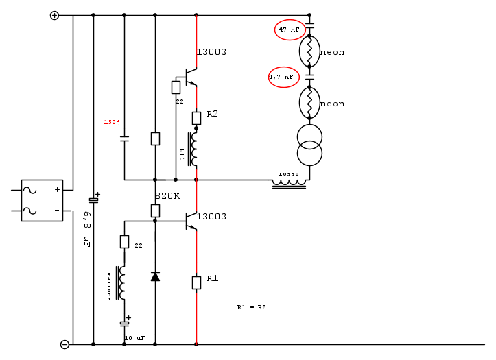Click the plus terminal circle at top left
tap(55, 15)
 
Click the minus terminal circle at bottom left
tap(64, 344)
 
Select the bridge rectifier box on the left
tap(42, 200)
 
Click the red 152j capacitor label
tap(112, 122)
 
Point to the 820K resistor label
tap(167, 195)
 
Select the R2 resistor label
tap(212, 114)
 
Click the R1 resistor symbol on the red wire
tap(196, 282)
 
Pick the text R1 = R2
tap(252, 307)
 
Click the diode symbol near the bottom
tap(155, 276)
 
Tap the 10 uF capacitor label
tap(134, 338)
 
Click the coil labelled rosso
tap(290, 182)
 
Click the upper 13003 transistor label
tap(211, 52)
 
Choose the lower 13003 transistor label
tap(211, 217)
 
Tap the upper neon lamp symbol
tap(309, 50)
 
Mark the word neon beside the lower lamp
tap(332, 104)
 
